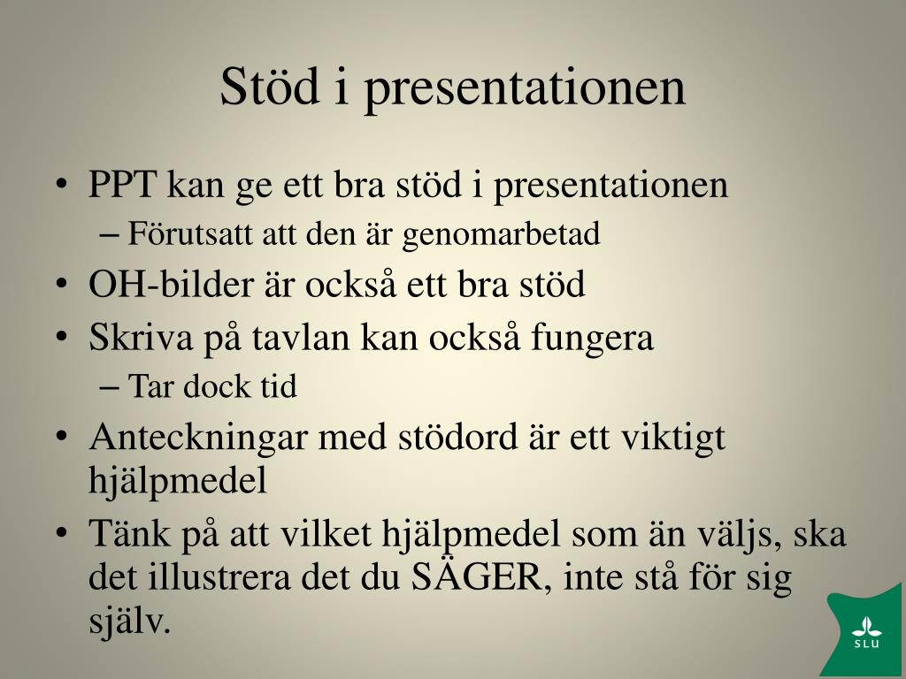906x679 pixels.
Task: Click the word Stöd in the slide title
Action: tap(270, 86)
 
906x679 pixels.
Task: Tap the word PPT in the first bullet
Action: tap(122, 184)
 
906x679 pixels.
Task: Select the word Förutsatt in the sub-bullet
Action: tap(189, 233)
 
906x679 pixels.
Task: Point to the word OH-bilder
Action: tap(171, 284)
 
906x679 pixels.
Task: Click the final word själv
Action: tap(130, 622)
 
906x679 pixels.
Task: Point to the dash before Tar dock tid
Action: tap(108, 387)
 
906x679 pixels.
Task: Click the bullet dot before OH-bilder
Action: tap(62, 284)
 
